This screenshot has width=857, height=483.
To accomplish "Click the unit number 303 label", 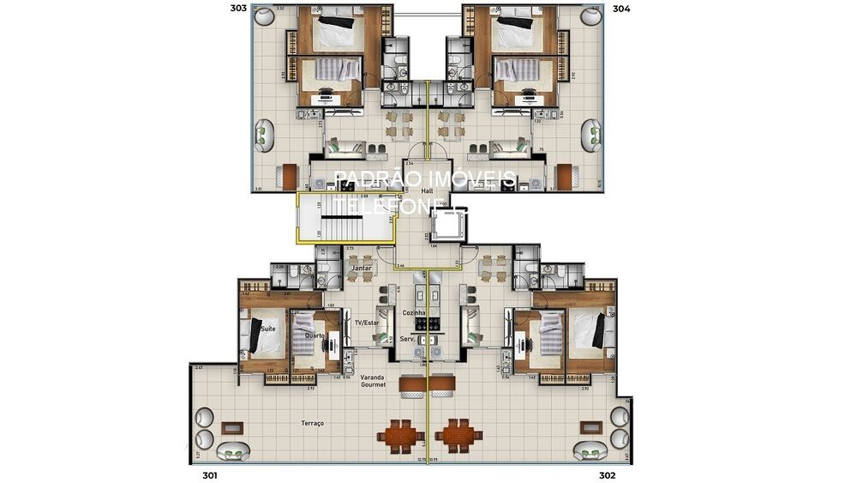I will tap(239, 9).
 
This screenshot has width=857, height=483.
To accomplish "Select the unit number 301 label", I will tap(207, 474).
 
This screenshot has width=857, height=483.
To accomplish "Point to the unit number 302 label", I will tap(607, 474).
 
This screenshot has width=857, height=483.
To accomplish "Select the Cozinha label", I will tap(415, 314).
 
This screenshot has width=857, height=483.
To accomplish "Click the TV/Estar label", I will tap(366, 323).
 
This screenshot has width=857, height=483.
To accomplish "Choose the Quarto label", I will tap(313, 335).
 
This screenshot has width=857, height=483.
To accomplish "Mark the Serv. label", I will tap(409, 341).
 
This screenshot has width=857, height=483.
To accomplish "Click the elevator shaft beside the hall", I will tap(447, 226).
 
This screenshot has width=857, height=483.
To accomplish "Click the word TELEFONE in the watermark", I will tap(391, 205).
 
